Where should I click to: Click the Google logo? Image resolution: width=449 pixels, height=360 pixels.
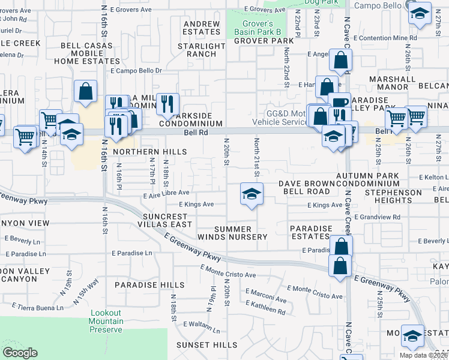point(20,353)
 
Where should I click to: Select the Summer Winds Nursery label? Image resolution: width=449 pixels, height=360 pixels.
point(241,233)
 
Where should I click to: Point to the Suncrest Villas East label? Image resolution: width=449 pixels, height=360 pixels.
point(167,220)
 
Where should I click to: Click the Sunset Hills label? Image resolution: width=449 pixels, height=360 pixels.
point(206,345)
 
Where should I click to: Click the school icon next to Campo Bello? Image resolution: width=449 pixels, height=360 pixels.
point(419,13)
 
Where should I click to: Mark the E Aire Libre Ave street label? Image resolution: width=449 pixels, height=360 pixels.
point(166,193)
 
